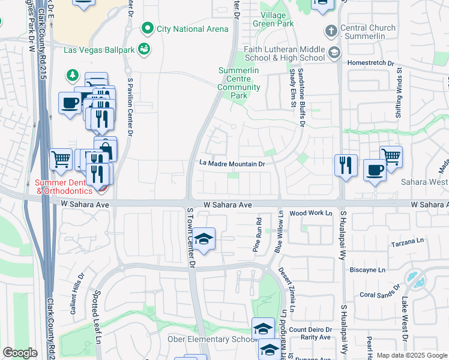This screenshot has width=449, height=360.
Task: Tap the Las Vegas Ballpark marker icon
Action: pos(143,49)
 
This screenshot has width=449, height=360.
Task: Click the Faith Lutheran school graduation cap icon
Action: pos(333,53)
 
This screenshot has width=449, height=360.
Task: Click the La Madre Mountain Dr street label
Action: pos(232,164)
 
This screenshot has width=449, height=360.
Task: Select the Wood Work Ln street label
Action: pos(310,213)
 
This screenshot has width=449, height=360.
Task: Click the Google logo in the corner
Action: pos(20,353)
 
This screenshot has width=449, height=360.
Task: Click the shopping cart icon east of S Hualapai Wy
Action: pos(391,157)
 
